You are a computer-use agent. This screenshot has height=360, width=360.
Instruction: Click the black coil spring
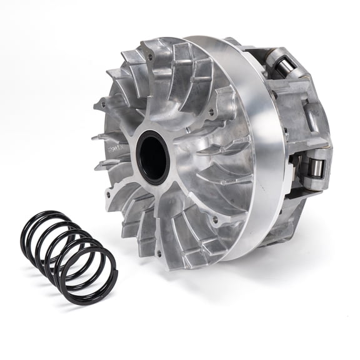click(69, 256)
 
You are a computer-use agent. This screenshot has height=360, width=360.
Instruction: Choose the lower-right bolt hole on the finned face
click(215, 219)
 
